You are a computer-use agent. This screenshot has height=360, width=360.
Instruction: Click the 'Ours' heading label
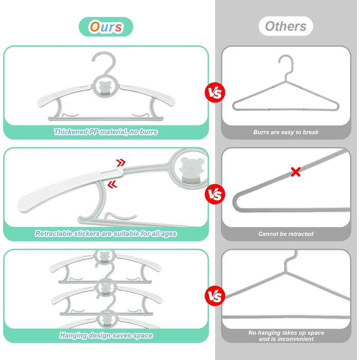[106, 27]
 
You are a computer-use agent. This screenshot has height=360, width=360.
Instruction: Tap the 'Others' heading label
[285, 26]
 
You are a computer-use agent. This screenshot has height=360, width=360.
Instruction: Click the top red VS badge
[214, 93]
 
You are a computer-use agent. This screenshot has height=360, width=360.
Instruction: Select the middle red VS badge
[214, 194]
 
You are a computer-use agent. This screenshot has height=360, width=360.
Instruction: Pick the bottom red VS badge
[214, 296]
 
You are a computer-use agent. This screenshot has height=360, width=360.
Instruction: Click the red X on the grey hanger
[296, 172]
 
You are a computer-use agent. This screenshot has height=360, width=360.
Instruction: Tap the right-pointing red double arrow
[121, 163]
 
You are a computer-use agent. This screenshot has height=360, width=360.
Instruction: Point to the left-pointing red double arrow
[112, 184]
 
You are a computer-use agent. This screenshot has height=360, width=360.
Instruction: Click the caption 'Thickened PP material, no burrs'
[105, 132]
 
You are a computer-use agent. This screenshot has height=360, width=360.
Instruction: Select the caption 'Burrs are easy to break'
[286, 132]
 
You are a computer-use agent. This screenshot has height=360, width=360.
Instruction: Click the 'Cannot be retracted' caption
[286, 234]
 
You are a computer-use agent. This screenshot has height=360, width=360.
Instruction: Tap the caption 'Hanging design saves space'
[106, 335]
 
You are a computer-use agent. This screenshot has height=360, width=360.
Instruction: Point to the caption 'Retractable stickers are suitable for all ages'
[106, 233]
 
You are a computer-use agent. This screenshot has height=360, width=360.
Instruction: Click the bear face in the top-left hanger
[105, 86]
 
